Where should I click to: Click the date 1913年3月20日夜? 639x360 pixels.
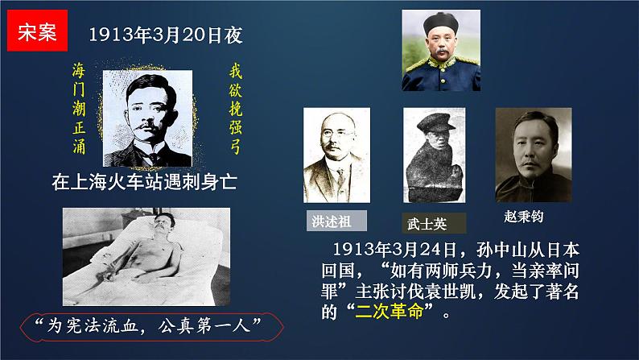(165, 35)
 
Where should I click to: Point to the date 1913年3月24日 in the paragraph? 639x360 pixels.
(390, 248)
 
